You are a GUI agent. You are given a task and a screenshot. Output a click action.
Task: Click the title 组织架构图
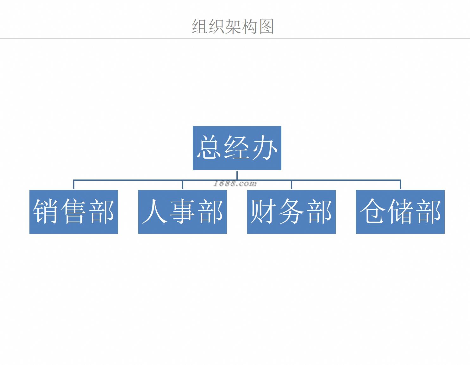233,27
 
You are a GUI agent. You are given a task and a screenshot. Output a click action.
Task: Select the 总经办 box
237,148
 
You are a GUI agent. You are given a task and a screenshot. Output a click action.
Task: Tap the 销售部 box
73,212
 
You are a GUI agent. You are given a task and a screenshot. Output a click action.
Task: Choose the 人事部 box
182,212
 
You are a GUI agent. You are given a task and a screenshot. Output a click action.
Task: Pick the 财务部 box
291,212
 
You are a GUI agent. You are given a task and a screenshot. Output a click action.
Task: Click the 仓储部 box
400,212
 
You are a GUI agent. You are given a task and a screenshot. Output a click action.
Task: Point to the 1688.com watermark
235,184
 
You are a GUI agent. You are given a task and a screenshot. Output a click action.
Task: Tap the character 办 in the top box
265,148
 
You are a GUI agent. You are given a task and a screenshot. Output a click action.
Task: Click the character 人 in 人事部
154,211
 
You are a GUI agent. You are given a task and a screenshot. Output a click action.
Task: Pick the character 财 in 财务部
263,211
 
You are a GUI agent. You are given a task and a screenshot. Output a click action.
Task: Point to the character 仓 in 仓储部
372,211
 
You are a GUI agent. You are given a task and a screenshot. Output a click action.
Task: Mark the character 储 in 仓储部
401,211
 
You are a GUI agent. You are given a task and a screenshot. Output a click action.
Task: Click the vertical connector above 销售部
74,185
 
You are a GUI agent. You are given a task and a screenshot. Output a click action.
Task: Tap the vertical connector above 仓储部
400,185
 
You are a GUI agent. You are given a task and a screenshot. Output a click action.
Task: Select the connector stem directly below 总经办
237,175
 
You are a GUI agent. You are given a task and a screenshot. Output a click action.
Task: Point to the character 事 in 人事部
183,211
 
